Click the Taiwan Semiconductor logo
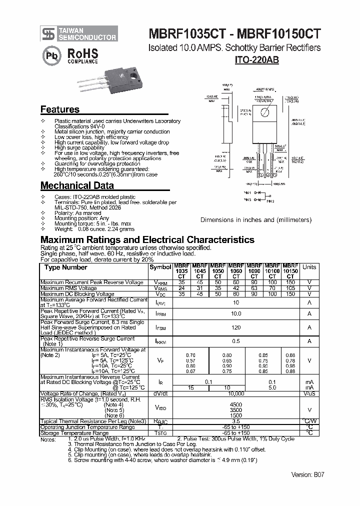click(x=79, y=33)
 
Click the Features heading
click(x=59, y=109)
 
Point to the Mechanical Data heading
click(x=73, y=185)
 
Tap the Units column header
click(x=309, y=267)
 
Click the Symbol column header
click(x=160, y=267)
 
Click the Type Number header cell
click(x=66, y=267)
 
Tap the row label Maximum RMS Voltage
click(x=69, y=288)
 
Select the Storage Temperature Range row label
click(x=74, y=433)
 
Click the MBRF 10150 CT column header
click(x=290, y=270)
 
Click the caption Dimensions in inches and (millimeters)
click(x=255, y=220)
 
